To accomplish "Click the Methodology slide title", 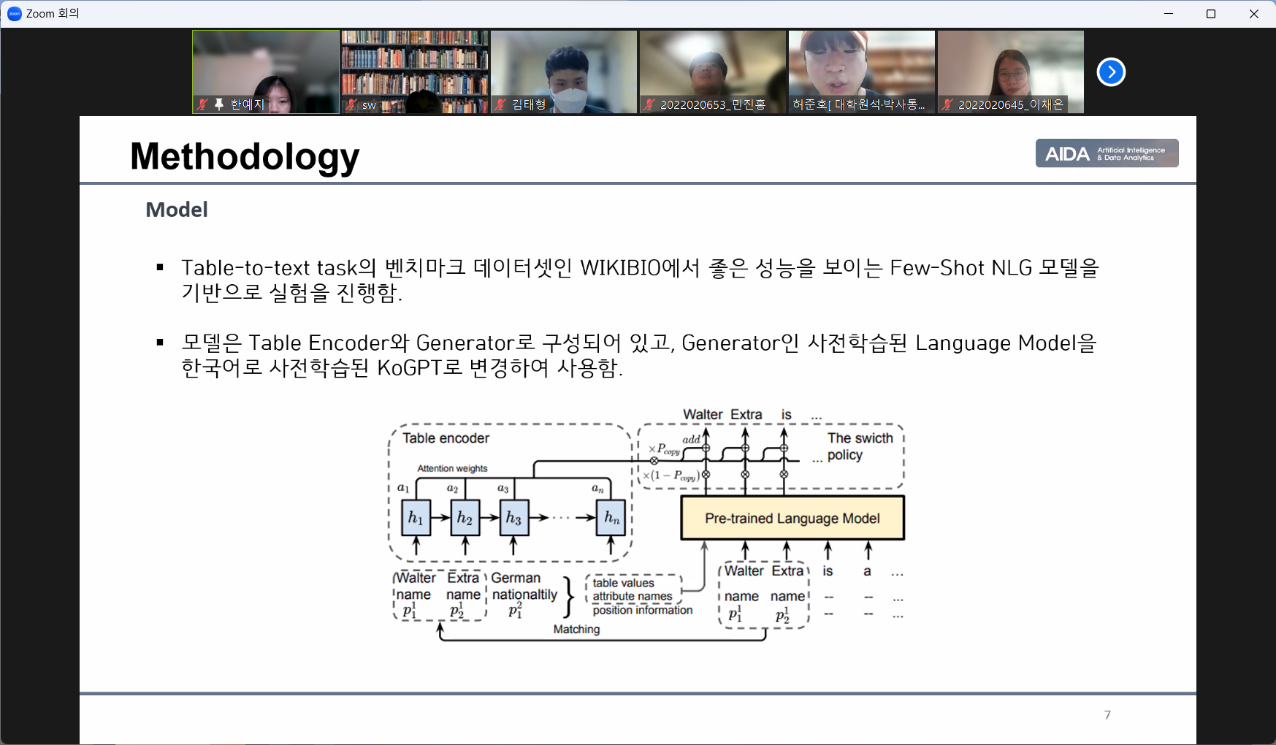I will click(245, 156).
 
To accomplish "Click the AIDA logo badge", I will click(1106, 153).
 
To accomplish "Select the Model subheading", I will click(177, 210).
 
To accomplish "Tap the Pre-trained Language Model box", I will click(792, 518).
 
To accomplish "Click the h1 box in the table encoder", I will click(416, 518).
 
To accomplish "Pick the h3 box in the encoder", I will click(513, 518).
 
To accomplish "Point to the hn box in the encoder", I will click(611, 518).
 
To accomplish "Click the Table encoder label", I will click(446, 438).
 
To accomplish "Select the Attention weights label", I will click(452, 468).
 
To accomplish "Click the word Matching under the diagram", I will click(576, 629).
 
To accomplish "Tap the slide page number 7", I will click(1107, 715).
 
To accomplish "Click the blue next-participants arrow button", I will click(1111, 72).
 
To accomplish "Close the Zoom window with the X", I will click(1254, 14).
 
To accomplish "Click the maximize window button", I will click(1211, 14).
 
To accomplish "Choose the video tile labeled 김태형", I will click(563, 72).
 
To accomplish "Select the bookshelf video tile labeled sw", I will click(414, 72).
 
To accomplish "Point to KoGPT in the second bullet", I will click(409, 367).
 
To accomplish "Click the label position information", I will click(642, 610).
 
